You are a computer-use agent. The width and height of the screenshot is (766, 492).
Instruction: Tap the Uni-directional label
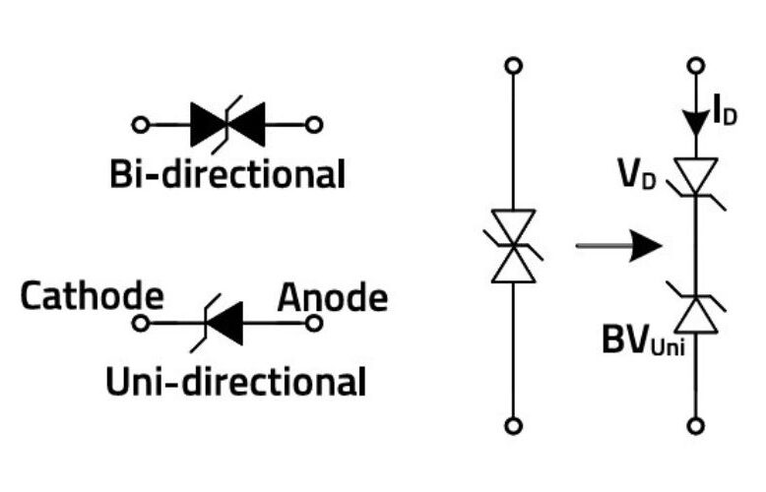click(235, 380)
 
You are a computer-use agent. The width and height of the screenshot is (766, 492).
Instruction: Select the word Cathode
click(93, 295)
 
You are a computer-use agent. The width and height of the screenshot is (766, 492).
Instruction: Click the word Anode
click(332, 295)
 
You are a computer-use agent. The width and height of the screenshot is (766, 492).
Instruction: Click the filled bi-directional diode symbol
click(227, 124)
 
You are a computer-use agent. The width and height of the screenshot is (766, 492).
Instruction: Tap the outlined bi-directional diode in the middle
click(512, 246)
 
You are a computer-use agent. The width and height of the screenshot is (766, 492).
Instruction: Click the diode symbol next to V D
click(698, 177)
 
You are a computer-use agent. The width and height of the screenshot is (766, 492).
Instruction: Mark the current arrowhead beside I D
click(698, 120)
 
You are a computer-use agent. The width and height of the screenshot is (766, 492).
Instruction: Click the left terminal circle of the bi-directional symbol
click(141, 125)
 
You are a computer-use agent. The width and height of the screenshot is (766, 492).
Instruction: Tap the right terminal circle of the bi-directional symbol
click(315, 125)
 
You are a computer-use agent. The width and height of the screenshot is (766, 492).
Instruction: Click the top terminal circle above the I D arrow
click(698, 66)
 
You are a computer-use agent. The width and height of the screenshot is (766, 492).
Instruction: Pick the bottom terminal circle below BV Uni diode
click(698, 426)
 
